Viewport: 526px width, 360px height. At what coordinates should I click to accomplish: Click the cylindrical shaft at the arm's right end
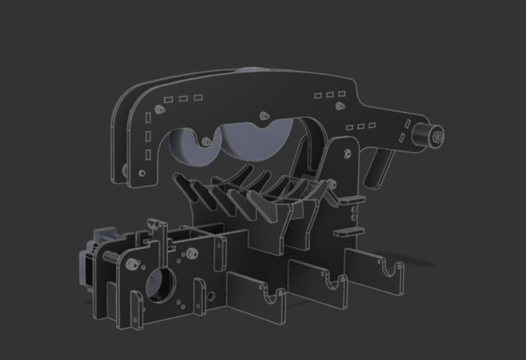point(427,135)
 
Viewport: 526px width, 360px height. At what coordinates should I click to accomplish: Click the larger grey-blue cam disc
point(255,140)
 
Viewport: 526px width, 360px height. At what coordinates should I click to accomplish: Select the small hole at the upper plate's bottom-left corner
point(142,173)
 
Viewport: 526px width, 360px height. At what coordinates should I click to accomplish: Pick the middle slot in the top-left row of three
point(183,99)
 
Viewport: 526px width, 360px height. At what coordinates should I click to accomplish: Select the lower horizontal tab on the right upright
point(348,232)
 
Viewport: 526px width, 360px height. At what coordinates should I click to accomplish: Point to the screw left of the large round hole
point(134,263)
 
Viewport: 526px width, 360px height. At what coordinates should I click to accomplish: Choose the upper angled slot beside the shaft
point(407,123)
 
